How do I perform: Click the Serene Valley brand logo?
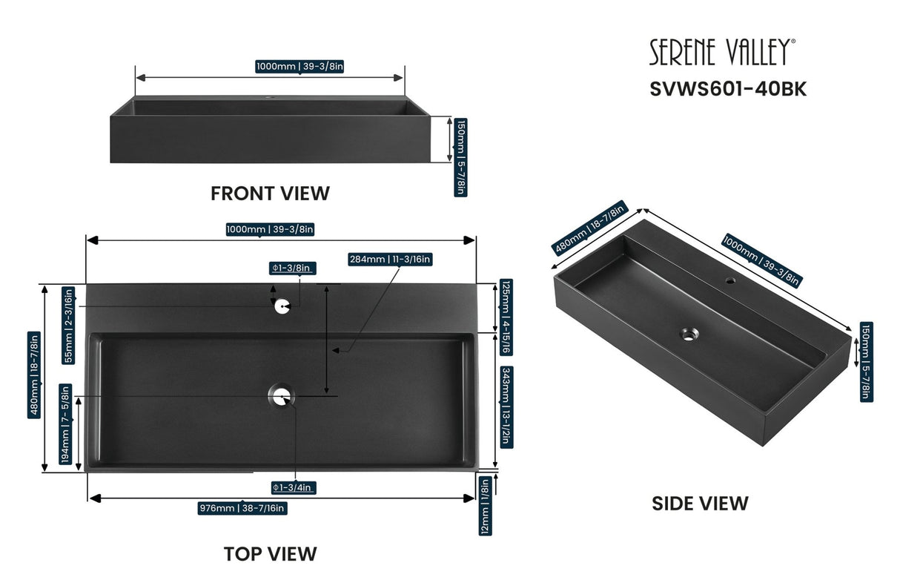pos(723,53)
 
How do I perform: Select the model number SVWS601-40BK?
pos(728,89)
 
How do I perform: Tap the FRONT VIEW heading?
pos(270,194)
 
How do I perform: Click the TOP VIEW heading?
pos(270,553)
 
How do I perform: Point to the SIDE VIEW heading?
pos(700,504)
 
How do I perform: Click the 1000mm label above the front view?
pos(300,67)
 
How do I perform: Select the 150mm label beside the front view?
pos(460,156)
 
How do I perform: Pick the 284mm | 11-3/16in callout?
pos(390,259)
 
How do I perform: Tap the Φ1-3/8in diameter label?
pos(294,268)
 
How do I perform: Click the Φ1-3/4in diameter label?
pos(294,487)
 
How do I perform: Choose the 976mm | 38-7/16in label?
pos(242,508)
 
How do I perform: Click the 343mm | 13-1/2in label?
pos(506,406)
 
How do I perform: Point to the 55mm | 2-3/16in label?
pos(68,325)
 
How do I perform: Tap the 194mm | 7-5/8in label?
pos(66,423)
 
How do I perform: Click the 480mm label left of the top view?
pos(34,375)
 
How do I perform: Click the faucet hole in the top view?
pos(282,306)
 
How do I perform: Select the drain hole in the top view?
pos(281,397)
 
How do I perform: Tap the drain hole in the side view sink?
pos(689,334)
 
